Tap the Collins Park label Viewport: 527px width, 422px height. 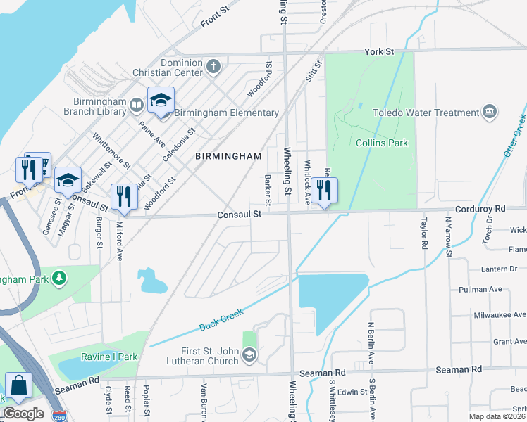pyautogui.click(x=382, y=143)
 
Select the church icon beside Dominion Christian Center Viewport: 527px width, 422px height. pyautogui.click(x=213, y=67)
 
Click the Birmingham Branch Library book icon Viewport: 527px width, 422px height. pyautogui.click(x=137, y=105)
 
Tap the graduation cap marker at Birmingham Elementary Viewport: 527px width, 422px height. pyautogui.click(x=161, y=101)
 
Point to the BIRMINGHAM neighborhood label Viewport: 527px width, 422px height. pyautogui.click(x=228, y=155)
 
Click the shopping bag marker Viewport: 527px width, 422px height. pyautogui.click(x=18, y=386)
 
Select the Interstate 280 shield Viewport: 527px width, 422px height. pyautogui.click(x=61, y=416)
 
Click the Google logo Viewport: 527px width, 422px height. pyautogui.click(x=23, y=414)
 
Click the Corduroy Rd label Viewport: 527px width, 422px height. pyautogui.click(x=480, y=209)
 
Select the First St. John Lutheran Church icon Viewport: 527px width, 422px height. pyautogui.click(x=249, y=356)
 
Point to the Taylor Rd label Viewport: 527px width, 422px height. pyautogui.click(x=424, y=234)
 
